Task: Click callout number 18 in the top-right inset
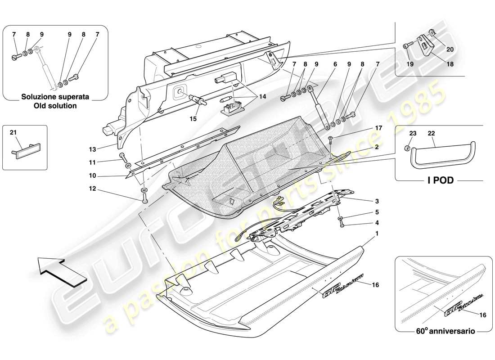click(x=450, y=64)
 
